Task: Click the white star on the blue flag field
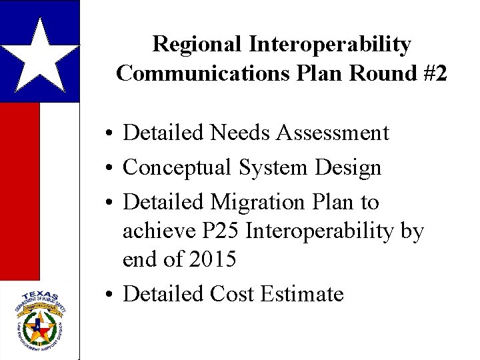40,55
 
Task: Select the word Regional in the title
198,45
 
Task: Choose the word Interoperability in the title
331,45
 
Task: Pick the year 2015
211,259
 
